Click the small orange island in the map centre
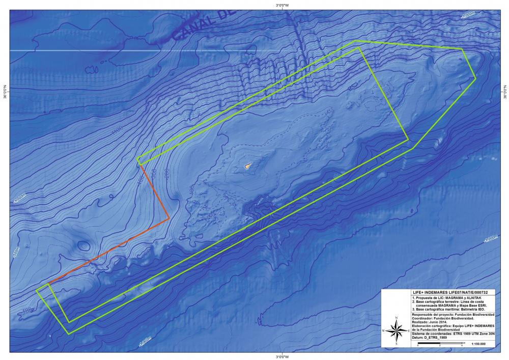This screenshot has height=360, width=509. [248, 165]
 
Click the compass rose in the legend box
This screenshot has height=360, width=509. [397, 330]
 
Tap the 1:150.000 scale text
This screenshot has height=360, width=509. [479, 345]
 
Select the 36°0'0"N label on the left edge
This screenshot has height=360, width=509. [5, 92]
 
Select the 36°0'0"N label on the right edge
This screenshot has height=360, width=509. [505, 92]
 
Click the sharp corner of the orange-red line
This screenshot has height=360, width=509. [169, 219]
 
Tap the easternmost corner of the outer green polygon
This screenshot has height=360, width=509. [475, 78]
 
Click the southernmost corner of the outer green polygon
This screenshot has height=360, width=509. [69, 334]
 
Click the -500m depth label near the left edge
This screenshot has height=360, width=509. [17, 253]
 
